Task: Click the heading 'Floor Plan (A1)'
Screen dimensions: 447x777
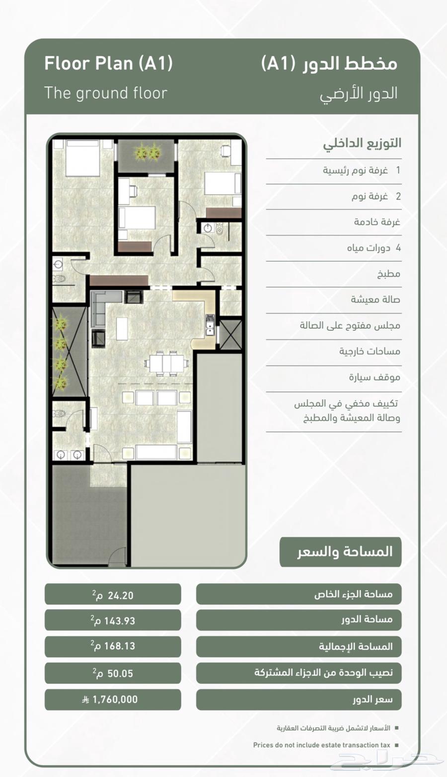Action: click(109, 64)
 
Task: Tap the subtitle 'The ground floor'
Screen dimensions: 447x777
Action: click(106, 93)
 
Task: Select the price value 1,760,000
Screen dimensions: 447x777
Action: click(110, 699)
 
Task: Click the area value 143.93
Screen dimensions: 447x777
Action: click(113, 621)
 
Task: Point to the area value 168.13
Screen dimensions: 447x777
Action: click(113, 646)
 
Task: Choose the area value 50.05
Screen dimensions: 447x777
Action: click(113, 674)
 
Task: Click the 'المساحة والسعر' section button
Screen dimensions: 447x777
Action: click(340, 552)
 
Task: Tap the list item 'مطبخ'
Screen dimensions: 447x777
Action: click(389, 274)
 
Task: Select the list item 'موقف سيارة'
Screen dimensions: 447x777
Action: click(374, 377)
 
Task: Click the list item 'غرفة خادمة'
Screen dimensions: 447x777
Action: click(377, 222)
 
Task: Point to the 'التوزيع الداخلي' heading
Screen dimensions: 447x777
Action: click(362, 144)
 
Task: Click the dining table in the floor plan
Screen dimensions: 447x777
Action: click(167, 363)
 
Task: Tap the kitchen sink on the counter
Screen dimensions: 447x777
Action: click(210, 325)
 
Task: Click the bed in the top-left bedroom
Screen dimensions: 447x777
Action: click(82, 158)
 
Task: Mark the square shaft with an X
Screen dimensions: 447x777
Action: click(230, 335)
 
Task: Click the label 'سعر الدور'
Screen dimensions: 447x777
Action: click(373, 699)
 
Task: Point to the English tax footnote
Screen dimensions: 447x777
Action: click(321, 745)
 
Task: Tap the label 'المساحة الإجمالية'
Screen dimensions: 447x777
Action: click(356, 646)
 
